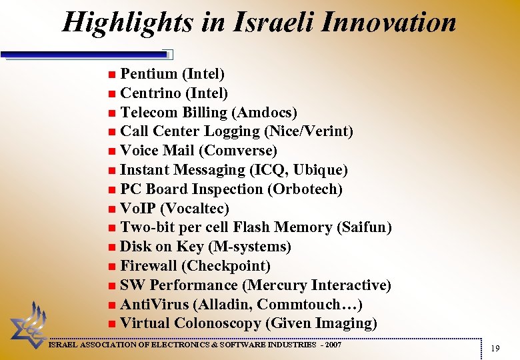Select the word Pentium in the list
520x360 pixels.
tap(149, 73)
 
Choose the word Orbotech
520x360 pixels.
tap(306, 189)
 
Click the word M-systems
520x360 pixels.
tap(250, 247)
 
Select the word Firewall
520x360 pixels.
tap(149, 266)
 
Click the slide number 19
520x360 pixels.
tap(495, 349)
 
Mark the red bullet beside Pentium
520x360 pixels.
tap(112, 73)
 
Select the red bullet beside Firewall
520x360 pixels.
tap(112, 267)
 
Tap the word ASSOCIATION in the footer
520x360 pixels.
tap(116, 345)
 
